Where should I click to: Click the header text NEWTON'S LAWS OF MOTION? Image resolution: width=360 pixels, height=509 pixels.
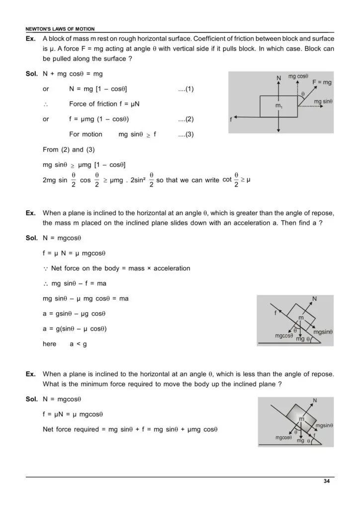point(60,29)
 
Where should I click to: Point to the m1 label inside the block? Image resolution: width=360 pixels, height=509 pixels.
point(279,106)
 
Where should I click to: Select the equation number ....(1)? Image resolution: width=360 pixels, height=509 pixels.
point(185,89)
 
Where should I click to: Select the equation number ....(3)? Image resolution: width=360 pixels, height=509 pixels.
point(185,134)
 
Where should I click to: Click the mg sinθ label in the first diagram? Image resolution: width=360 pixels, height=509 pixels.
point(323,101)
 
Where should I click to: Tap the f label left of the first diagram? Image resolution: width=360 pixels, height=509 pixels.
point(231,120)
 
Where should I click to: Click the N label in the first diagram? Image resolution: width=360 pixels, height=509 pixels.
point(278,78)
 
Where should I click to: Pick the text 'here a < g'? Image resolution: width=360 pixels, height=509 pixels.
point(65,344)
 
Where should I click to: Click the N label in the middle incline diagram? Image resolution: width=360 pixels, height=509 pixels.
point(314,299)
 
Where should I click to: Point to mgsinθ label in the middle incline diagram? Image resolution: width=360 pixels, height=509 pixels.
point(323,332)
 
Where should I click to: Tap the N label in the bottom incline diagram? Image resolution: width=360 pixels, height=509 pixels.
point(315,400)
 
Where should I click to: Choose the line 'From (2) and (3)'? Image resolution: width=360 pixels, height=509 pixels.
point(70,150)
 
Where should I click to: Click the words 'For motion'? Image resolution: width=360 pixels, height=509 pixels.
point(86,134)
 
